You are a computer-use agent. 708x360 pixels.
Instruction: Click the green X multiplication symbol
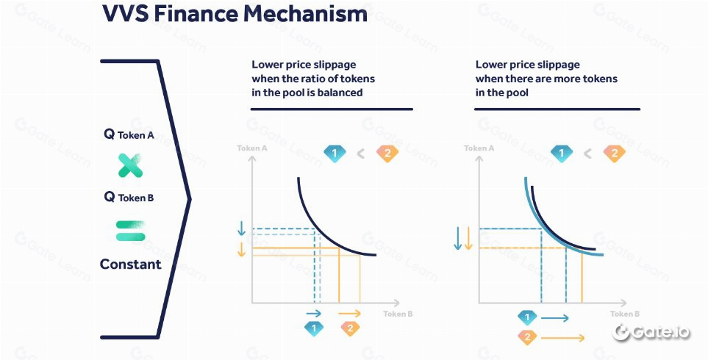130,166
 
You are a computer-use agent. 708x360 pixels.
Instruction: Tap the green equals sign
130,231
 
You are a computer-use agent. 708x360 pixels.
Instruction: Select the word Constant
131,264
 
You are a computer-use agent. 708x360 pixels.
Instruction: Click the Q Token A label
129,135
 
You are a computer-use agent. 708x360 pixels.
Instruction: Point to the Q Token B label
129,197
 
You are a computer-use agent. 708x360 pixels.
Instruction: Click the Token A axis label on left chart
251,148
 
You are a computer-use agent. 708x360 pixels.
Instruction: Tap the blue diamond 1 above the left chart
335,154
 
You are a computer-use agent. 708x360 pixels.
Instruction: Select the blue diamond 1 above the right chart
562,154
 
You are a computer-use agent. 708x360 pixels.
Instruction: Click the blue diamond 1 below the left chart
315,328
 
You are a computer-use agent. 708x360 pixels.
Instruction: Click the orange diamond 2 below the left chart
350,328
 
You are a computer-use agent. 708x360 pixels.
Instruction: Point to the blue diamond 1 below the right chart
526,317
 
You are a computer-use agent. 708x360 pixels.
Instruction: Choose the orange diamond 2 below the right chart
526,337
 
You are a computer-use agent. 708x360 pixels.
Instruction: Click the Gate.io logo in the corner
652,332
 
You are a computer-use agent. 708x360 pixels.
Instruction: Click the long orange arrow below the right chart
562,338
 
